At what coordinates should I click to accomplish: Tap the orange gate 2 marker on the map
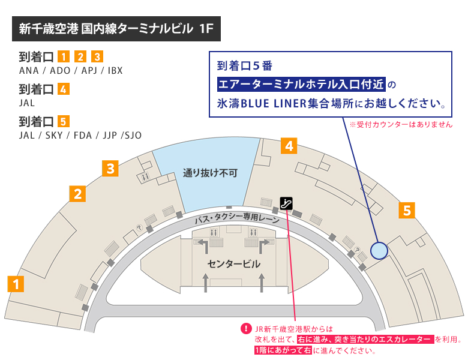click(78, 193)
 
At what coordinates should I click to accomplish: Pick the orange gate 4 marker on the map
click(289, 145)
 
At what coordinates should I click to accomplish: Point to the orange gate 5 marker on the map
click(406, 210)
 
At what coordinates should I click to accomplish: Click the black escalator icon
click(287, 203)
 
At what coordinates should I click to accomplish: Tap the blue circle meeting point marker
click(379, 250)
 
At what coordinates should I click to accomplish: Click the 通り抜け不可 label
click(210, 173)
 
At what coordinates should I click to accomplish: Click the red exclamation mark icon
click(245, 329)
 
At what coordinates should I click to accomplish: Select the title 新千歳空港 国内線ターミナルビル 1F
click(116, 29)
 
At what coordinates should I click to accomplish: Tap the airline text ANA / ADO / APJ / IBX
click(71, 70)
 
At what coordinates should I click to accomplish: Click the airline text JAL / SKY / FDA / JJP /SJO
click(80, 135)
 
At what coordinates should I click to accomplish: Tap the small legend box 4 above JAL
click(64, 90)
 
